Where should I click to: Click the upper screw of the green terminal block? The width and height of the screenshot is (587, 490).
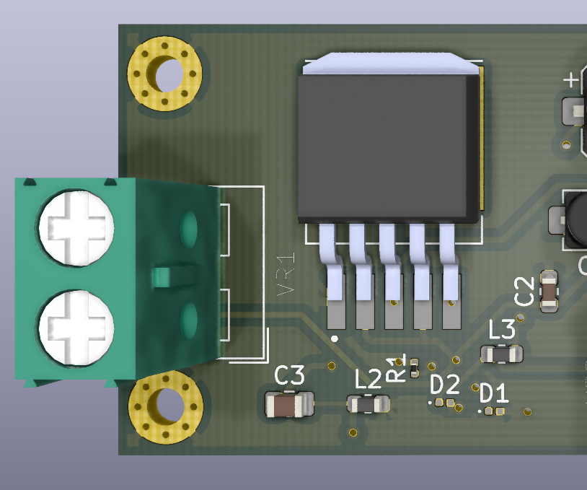click(x=76, y=228)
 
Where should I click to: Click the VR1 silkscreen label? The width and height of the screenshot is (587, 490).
click(x=286, y=274)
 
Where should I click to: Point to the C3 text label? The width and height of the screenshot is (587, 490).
click(x=290, y=375)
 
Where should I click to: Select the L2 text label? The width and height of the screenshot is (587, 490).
click(x=368, y=379)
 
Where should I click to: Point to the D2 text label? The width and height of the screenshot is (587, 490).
click(x=445, y=384)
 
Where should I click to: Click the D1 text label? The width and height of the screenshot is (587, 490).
click(x=495, y=393)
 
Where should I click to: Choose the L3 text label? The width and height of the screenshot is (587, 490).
click(x=502, y=330)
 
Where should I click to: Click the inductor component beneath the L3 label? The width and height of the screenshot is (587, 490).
click(x=502, y=354)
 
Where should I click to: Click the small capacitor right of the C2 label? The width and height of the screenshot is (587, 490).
click(x=549, y=291)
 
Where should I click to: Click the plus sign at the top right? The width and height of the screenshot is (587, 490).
click(x=571, y=79)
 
